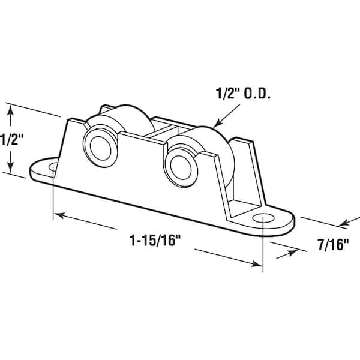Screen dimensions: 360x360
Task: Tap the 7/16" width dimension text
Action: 331,245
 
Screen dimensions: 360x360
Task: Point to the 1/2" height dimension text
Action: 12,140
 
